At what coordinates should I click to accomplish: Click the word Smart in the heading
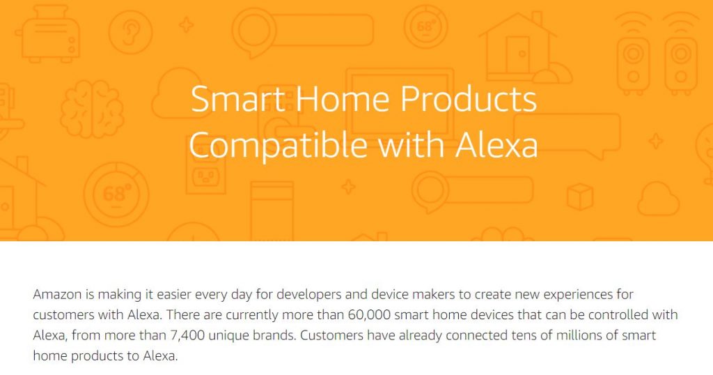pyautogui.click(x=238, y=99)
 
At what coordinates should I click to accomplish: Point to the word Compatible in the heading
pyautogui.click(x=278, y=146)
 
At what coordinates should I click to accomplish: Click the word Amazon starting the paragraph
pyautogui.click(x=58, y=294)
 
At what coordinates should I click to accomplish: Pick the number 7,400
pyautogui.click(x=187, y=336)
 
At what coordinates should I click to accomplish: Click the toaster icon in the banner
pyautogui.click(x=49, y=35)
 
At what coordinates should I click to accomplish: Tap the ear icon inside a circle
pyautogui.click(x=130, y=31)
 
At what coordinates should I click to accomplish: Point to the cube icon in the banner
pyautogui.click(x=580, y=196)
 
